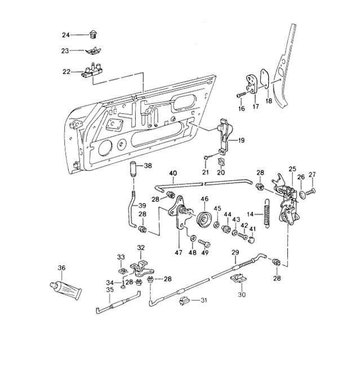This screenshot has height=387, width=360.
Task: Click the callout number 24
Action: click(65, 35)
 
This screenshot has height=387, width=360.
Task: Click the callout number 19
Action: click(241, 140)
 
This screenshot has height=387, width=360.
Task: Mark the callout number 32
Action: click(141, 248)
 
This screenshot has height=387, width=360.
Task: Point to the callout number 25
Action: click(292, 169)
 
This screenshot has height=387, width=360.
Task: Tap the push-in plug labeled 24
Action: click(94, 35)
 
